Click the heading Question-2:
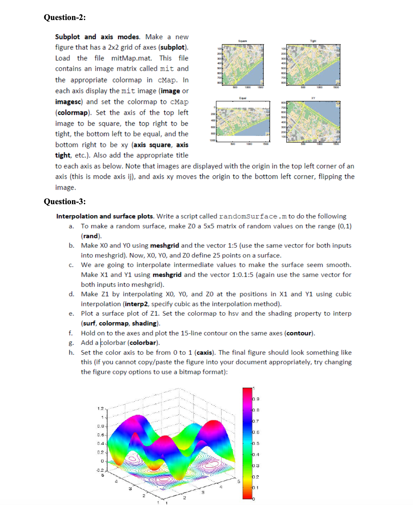[65, 18]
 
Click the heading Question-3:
[65, 201]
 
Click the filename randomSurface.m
[253, 216]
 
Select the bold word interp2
[136, 304]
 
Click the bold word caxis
[204, 352]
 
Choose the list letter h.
[71, 352]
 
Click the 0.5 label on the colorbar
[256, 444]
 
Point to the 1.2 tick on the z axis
[100, 408]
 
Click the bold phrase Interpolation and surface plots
[104, 216]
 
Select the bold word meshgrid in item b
[164, 246]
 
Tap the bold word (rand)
[91, 236]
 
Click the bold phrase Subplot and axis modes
[97, 37]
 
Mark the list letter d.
[71, 294]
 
